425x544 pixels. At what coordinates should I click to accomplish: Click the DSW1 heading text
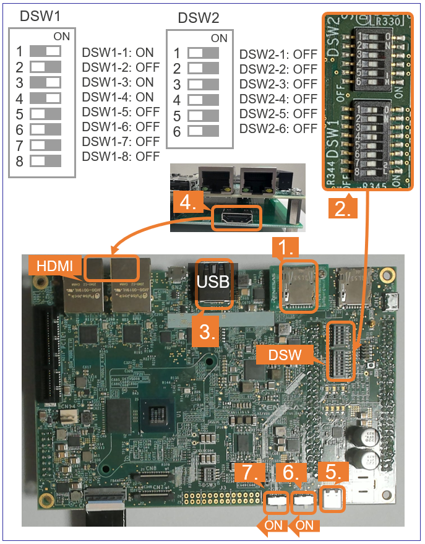click(x=40, y=17)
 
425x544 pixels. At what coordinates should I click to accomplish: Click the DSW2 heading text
click(x=199, y=18)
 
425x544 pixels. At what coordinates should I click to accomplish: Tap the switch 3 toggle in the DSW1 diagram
click(x=45, y=82)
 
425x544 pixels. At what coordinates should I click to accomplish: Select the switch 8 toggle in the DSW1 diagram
click(x=45, y=161)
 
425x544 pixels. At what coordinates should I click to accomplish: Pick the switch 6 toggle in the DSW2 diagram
click(x=203, y=131)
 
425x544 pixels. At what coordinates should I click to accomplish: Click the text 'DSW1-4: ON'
click(x=118, y=97)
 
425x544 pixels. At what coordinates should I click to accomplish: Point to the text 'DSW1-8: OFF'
click(x=121, y=157)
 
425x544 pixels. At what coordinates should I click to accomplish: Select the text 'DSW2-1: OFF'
click(x=278, y=54)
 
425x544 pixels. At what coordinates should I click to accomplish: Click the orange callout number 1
click(x=285, y=248)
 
